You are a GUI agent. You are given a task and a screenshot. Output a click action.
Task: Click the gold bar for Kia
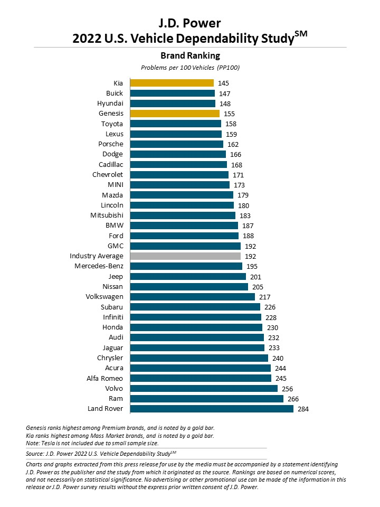pyautogui.click(x=172, y=83)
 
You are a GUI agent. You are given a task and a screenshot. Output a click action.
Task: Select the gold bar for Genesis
pyautogui.click(x=175, y=114)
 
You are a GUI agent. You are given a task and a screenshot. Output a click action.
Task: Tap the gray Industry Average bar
pyautogui.click(x=185, y=256)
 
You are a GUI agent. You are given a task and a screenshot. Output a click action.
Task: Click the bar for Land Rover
pyautogui.click(x=212, y=409)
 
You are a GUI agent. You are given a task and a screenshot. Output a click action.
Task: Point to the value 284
pyautogui.click(x=303, y=409)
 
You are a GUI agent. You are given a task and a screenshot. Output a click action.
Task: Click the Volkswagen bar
pyautogui.click(x=193, y=297)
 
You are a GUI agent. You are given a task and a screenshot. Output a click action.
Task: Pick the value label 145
pyautogui.click(x=223, y=83)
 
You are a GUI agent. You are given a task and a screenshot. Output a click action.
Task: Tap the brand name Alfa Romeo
pyautogui.click(x=105, y=378)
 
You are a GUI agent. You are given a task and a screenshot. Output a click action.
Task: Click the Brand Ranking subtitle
pyautogui.click(x=190, y=55)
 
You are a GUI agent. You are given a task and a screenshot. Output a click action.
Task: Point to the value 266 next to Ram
pyautogui.click(x=293, y=399)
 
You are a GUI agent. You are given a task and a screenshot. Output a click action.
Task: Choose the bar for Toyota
pyautogui.click(x=176, y=124)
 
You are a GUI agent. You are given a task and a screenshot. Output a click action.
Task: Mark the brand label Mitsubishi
pyautogui.click(x=107, y=215)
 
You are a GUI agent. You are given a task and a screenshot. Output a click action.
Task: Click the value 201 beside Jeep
pyautogui.click(x=255, y=277)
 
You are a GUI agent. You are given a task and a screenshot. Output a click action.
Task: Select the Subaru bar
pyautogui.click(x=195, y=307)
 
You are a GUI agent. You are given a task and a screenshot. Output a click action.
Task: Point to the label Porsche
pyautogui.click(x=111, y=144)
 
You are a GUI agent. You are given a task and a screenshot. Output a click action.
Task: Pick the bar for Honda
pyautogui.click(x=196, y=327)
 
